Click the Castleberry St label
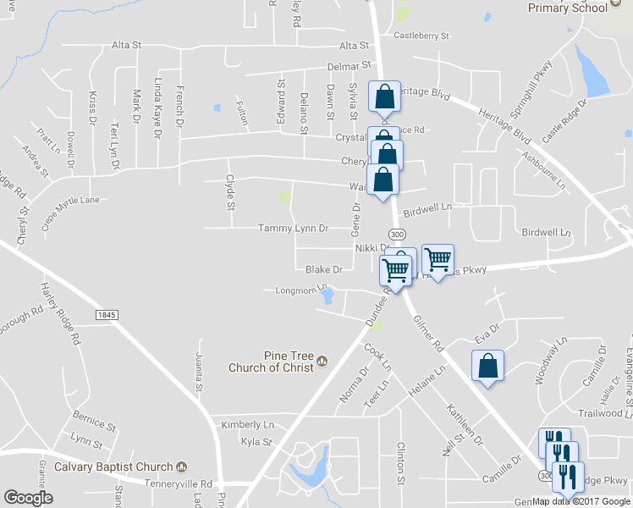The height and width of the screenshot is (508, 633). [421, 36]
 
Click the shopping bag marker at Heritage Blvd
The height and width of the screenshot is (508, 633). [384, 97]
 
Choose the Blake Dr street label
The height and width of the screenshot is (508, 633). [323, 269]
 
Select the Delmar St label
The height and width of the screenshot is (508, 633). [350, 65]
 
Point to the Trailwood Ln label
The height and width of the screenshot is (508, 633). [600, 413]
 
